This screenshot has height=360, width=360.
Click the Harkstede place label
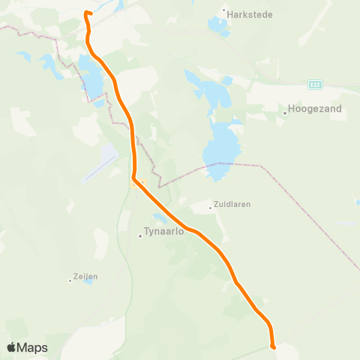(250, 14)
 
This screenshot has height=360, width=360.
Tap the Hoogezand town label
(315, 109)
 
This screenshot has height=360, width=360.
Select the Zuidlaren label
(232, 203)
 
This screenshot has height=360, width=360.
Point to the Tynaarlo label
(163, 232)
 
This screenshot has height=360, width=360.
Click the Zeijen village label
(86, 276)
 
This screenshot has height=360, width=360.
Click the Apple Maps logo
(27, 347)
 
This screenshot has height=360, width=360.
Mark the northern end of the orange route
(86, 13)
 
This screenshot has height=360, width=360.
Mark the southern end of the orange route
(273, 346)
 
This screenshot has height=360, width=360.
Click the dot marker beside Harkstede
(224, 11)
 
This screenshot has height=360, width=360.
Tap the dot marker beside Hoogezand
(286, 113)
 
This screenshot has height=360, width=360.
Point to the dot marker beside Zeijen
(70, 280)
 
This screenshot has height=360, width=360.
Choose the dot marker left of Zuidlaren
(211, 208)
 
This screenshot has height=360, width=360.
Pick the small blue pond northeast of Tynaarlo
(159, 217)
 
